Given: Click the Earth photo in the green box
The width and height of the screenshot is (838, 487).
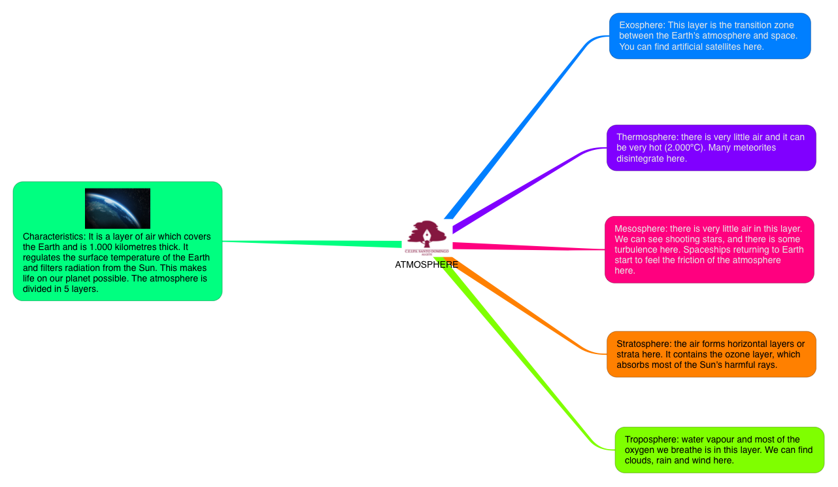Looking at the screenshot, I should point(118,208).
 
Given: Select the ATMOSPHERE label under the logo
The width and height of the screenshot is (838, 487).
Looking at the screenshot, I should point(427,264).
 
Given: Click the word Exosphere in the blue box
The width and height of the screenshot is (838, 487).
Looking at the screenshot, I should point(641,25).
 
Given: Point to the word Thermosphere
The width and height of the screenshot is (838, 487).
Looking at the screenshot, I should point(646,137).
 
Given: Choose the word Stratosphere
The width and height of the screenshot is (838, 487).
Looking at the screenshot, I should point(644,344).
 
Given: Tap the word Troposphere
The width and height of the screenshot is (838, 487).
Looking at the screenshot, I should point(651,439).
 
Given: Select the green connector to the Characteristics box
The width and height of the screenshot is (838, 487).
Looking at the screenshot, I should point(314,243).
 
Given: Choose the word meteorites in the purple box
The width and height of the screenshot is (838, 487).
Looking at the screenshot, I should point(752,148).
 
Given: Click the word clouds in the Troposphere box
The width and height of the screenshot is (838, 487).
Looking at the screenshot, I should point(638,460).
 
